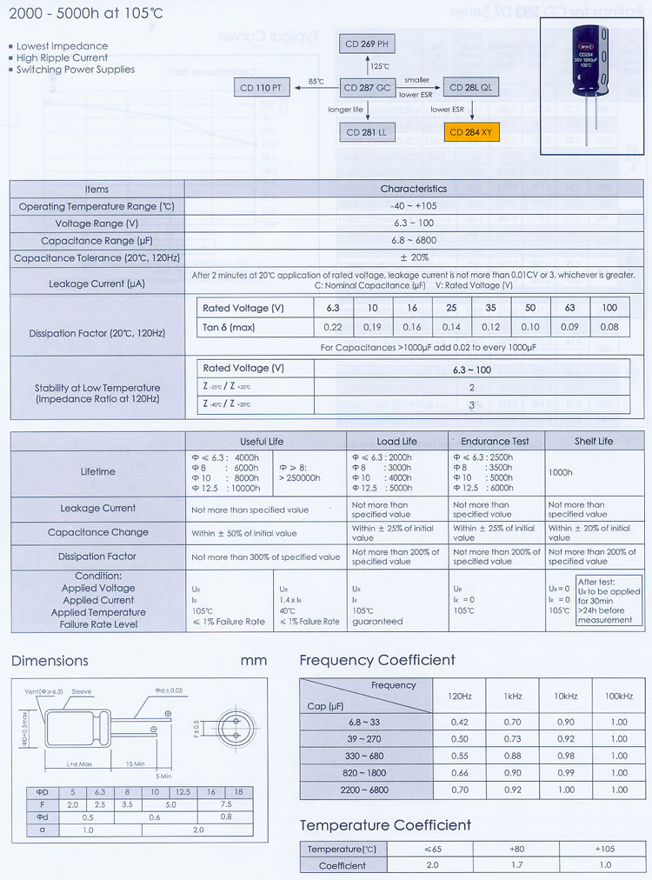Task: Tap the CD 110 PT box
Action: coord(264,88)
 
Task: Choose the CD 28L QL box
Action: coord(474,88)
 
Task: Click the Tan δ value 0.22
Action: coord(333,327)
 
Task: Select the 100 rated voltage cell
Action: coord(609,309)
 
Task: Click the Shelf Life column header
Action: coord(593,441)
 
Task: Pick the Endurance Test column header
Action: coord(495,441)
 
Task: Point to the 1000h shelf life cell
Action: coord(561,472)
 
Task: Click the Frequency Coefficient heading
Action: coord(377,660)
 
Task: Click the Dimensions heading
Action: coord(50,661)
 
